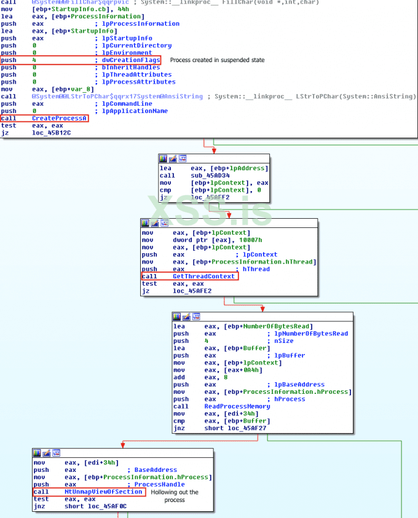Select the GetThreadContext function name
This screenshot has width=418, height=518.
(203, 277)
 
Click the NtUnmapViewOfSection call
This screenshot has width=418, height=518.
(103, 492)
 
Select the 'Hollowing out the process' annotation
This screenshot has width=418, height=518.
(175, 496)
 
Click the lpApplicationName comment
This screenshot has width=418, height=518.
(135, 111)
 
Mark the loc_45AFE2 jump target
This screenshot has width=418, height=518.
(192, 291)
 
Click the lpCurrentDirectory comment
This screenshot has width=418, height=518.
(136, 45)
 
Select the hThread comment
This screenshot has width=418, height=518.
(255, 269)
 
